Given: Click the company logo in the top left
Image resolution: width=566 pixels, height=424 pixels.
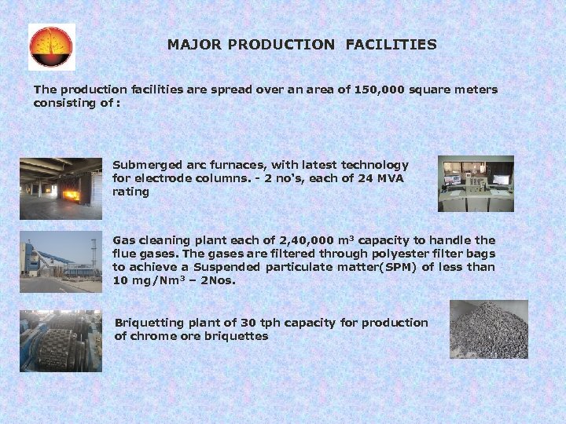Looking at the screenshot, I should point(52,47).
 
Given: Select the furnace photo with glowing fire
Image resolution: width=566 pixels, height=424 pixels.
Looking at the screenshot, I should point(61,188).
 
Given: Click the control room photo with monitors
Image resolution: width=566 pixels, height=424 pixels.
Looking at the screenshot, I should point(476,184).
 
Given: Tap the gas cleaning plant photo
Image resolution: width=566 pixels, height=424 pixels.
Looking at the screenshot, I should point(61,261).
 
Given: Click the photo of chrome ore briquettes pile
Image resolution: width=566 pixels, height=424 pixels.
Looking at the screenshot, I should point(488,330).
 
